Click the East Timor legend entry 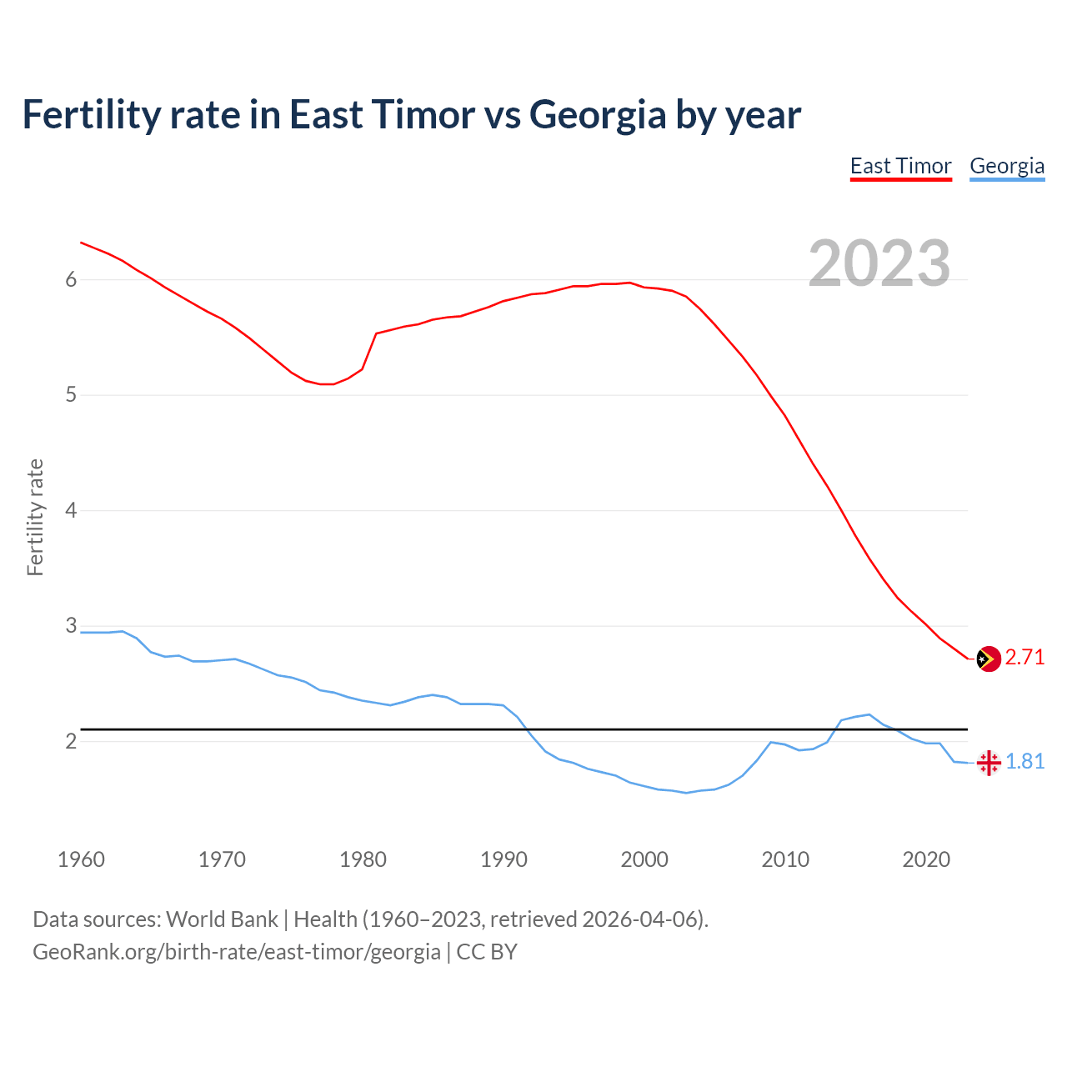pyautogui.click(x=900, y=166)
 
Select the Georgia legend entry pyautogui.click(x=1007, y=166)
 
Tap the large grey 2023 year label pyautogui.click(x=879, y=263)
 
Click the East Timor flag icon pyautogui.click(x=988, y=659)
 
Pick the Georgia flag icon pyautogui.click(x=989, y=762)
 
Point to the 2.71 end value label pyautogui.click(x=1024, y=658)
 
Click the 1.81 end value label pyautogui.click(x=1024, y=762)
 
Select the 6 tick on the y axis pyautogui.click(x=71, y=280)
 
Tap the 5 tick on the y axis pyautogui.click(x=71, y=395)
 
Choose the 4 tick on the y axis pyautogui.click(x=71, y=510)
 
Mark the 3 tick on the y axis pyautogui.click(x=71, y=626)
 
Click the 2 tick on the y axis pyautogui.click(x=71, y=741)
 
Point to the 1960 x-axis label pyautogui.click(x=81, y=859)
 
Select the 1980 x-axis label pyautogui.click(x=363, y=859)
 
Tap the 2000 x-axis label pyautogui.click(x=644, y=859)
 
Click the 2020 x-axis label pyautogui.click(x=926, y=859)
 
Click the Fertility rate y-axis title pyautogui.click(x=35, y=517)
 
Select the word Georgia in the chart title pyautogui.click(x=597, y=115)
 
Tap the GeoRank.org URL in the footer pyautogui.click(x=236, y=952)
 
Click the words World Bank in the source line pyautogui.click(x=222, y=919)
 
